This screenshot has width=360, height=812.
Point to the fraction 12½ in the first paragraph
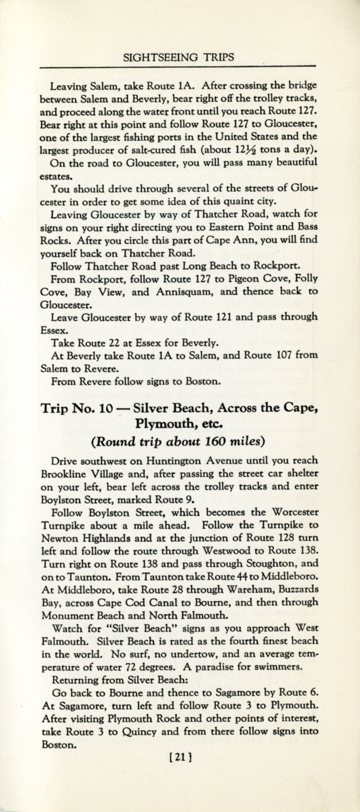248,150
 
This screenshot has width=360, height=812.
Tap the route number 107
283,355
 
